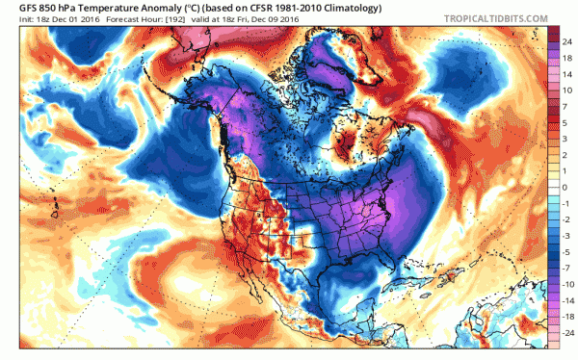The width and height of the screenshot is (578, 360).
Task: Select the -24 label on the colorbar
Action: coord(566,331)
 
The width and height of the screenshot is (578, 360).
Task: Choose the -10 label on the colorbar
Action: coord(566,286)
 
